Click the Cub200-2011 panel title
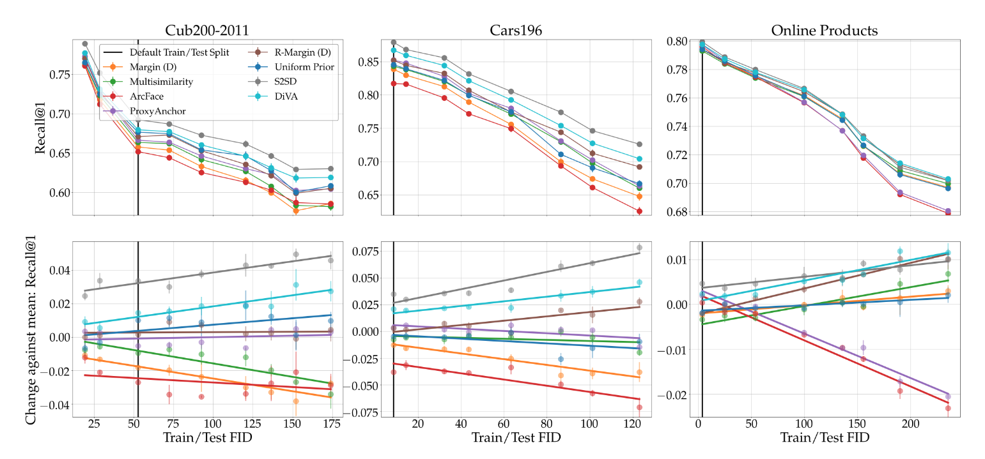pyautogui.click(x=208, y=30)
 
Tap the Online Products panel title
pyautogui.click(x=825, y=30)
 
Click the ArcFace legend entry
pyautogui.click(x=146, y=96)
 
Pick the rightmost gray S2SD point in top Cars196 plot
pyautogui.click(x=639, y=144)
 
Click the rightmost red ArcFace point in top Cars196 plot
pyautogui.click(x=639, y=211)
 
